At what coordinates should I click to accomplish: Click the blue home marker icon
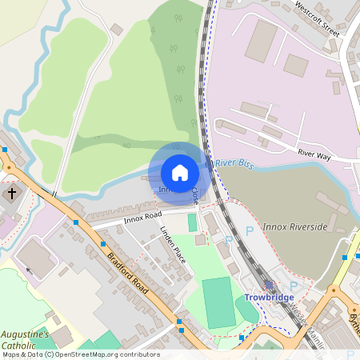tap(180, 173)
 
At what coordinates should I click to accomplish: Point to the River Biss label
tap(234, 165)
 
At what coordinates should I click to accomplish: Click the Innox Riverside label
tap(295, 226)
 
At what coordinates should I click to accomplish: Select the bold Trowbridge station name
tap(269, 297)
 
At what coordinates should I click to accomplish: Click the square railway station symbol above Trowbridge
tap(270, 285)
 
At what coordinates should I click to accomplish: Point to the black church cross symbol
tap(12, 194)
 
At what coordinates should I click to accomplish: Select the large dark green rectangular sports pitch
tap(218, 300)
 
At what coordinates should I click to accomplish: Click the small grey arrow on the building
tap(30, 270)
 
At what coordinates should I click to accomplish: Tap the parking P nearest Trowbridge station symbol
tap(292, 286)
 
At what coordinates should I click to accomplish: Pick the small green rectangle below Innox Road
tap(192, 222)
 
